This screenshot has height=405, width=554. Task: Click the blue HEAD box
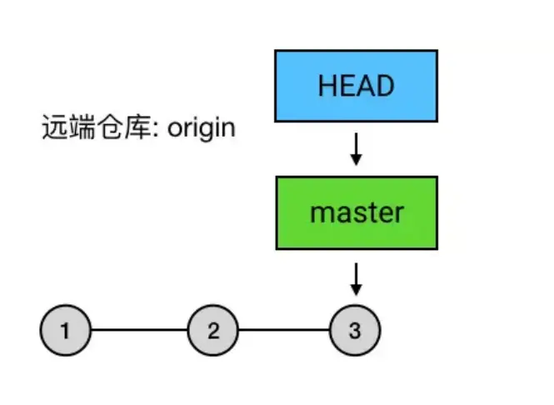(x=356, y=86)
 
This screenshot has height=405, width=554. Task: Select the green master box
(x=356, y=212)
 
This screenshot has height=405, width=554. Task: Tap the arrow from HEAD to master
(x=356, y=148)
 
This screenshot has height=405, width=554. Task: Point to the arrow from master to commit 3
(x=356, y=278)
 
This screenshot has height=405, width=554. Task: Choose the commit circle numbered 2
(x=212, y=330)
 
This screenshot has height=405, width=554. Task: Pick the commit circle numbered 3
(x=355, y=330)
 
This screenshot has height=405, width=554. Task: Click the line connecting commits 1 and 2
(x=138, y=330)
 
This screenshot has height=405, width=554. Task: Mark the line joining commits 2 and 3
(x=283, y=330)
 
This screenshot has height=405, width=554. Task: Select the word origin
(x=202, y=128)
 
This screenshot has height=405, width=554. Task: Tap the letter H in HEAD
(x=326, y=86)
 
